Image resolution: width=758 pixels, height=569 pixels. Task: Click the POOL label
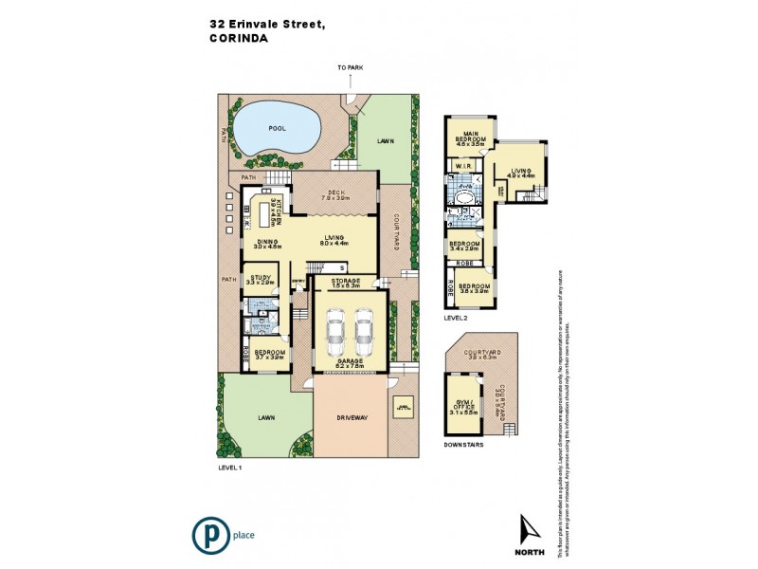pyautogui.click(x=277, y=127)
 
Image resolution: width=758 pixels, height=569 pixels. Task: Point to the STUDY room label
pyautogui.click(x=260, y=278)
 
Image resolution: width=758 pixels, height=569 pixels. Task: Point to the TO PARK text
pyautogui.click(x=350, y=68)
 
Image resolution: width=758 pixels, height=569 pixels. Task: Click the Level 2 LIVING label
pyautogui.click(x=521, y=172)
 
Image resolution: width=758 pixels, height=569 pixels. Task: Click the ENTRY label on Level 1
pyautogui.click(x=298, y=282)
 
